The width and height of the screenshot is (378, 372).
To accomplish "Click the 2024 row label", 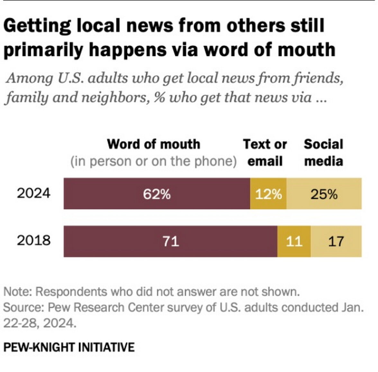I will pos(33,193).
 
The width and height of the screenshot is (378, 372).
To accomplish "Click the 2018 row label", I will pos(33,240).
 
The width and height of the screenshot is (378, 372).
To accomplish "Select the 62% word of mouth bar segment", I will pos(157,194).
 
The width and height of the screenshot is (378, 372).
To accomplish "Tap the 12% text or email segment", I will pos(268,194).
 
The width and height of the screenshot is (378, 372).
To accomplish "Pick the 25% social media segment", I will pos(324,194).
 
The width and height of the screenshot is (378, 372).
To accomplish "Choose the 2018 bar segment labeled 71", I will pos(170,241).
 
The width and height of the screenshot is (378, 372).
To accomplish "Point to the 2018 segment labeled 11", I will pos(294,241).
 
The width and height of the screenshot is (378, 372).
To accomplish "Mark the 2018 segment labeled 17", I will pos(336,241).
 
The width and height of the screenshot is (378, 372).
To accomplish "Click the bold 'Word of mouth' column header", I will pos(153,144).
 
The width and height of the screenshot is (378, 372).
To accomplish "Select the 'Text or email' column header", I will pos(265,153).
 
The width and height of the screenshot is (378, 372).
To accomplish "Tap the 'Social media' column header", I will pos(323,153).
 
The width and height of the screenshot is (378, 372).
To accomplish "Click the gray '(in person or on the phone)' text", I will pos(153,161).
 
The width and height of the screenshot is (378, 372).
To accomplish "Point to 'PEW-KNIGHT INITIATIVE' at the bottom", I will pos(69,347).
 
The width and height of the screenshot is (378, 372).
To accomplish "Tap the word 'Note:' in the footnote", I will pos(18,292).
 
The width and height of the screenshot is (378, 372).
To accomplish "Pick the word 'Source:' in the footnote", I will pos(23,307).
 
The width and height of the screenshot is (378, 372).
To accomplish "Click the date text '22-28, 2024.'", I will pos(40,323).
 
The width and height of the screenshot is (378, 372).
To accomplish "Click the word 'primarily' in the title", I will pos(43,50).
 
